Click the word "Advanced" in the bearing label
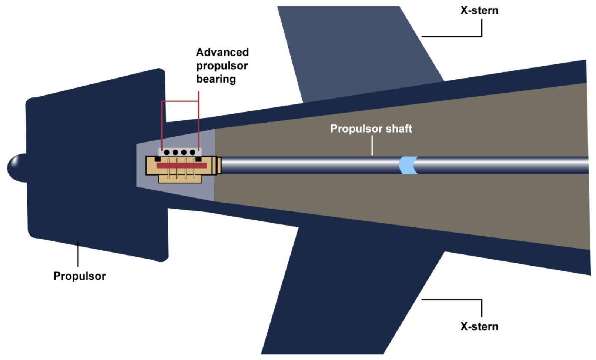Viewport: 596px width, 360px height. tap(222, 52)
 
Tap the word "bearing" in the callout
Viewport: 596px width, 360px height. tap(216, 79)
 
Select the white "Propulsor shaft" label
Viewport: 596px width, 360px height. tap(371, 129)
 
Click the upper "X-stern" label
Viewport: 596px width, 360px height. tap(479, 10)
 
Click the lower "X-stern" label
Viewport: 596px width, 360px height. tap(479, 326)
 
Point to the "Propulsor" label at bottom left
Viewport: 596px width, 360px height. tap(80, 276)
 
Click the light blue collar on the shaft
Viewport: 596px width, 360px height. tap(407, 165)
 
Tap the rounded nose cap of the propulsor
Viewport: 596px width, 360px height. tap(15, 167)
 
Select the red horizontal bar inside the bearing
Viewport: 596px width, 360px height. tap(181, 166)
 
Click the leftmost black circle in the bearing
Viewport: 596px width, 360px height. tap(167, 152)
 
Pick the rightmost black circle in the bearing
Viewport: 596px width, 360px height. tap(192, 152)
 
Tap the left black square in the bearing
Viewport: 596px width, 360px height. tap(157, 159)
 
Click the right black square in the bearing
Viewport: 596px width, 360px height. tap(199, 159)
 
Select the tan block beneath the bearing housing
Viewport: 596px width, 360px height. tap(180, 179)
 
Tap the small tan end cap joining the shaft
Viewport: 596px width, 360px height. tap(219, 166)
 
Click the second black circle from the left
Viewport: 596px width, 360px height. tap(175, 152)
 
